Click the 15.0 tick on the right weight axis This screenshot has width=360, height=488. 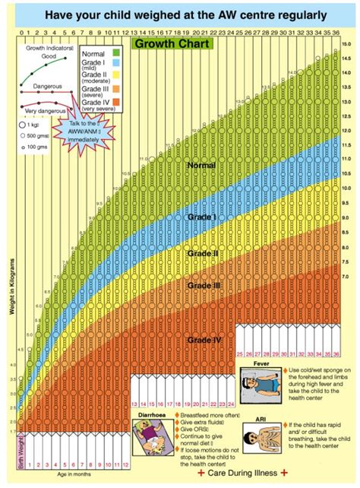[x=347, y=46]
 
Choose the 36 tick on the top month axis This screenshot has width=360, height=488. [x=336, y=33]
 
